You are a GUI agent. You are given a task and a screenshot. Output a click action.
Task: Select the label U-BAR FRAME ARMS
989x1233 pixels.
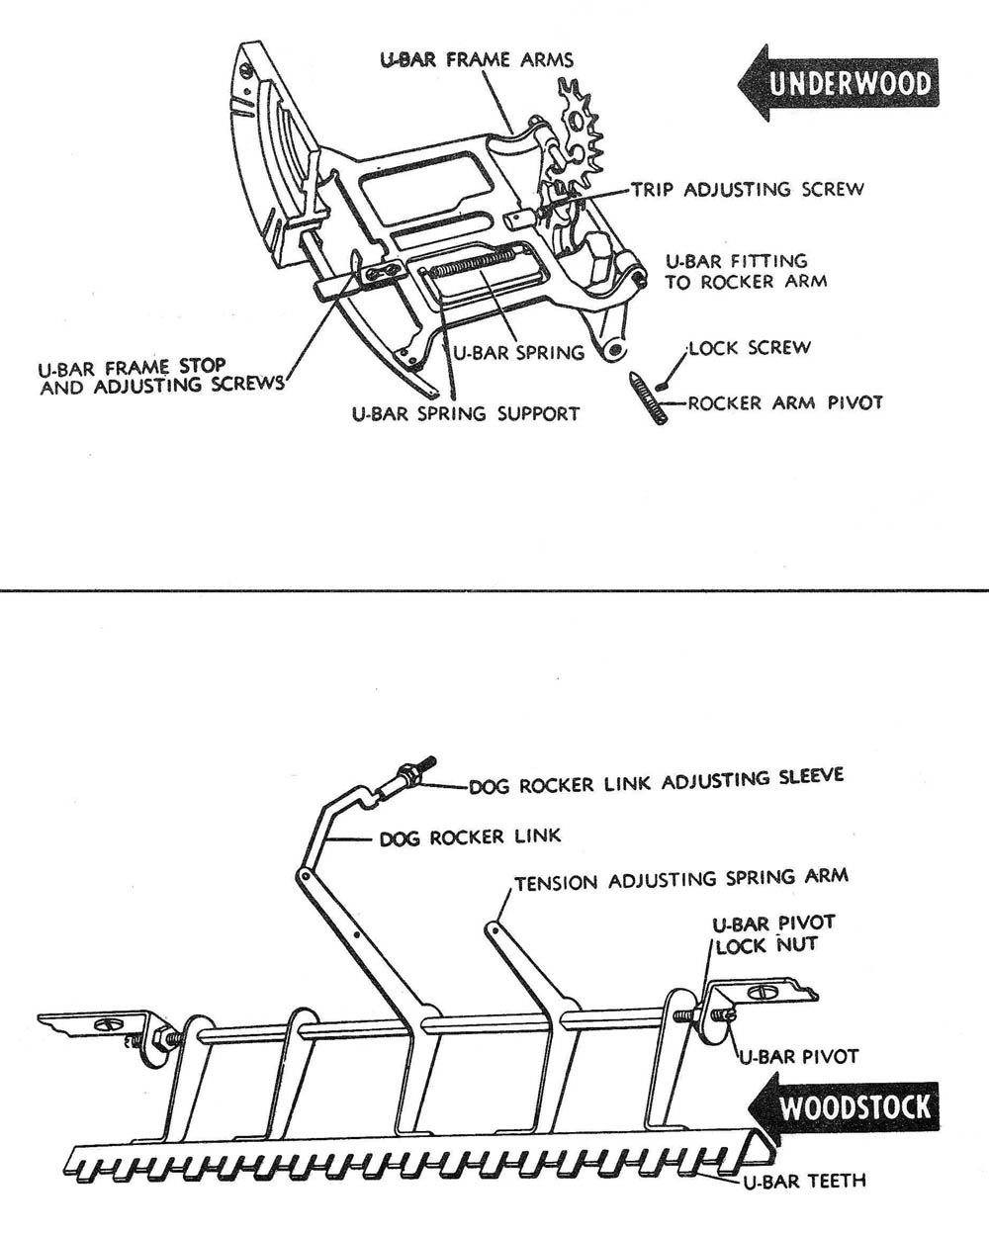tap(477, 59)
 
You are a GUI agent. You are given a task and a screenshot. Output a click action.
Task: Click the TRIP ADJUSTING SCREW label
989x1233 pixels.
tap(748, 188)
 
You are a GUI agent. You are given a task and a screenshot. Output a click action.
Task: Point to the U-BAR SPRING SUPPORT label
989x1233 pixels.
tap(466, 412)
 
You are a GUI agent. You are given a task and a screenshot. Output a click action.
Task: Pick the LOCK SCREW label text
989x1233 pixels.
tap(750, 348)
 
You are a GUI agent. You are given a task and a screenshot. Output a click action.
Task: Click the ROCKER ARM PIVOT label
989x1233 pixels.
tap(785, 402)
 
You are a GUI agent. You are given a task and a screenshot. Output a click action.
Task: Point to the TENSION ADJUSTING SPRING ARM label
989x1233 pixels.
tap(680, 879)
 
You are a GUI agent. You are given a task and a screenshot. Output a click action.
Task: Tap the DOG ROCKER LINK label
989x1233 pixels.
tap(470, 837)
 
